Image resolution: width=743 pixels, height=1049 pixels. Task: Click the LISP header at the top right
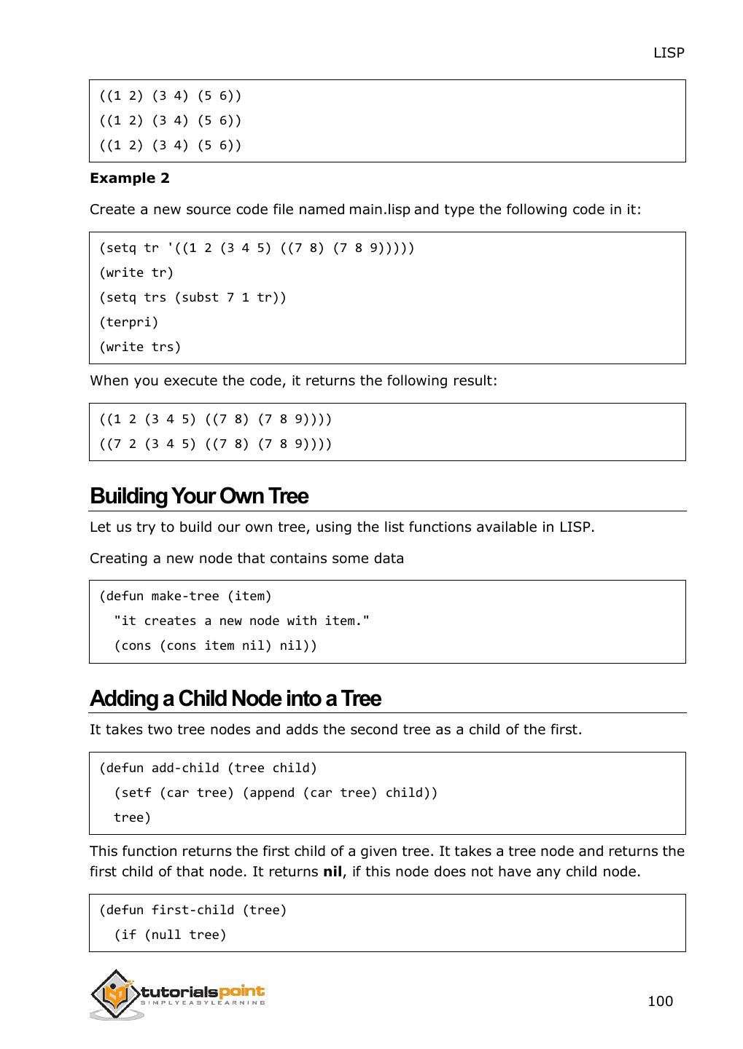[668, 53]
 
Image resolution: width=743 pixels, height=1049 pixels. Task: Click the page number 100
[660, 1001]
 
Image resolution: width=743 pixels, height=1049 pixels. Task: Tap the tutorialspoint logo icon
[116, 994]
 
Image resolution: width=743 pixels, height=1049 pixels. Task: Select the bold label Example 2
[130, 178]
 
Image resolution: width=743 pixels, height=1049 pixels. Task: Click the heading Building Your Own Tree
[199, 496]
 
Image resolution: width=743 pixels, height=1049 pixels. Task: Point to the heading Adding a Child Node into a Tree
[236, 699]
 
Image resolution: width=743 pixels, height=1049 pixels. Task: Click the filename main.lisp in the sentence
[379, 210]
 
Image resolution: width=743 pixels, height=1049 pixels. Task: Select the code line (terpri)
[129, 322]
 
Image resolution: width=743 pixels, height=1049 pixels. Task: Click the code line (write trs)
[140, 347]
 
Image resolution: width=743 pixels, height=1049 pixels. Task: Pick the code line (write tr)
[136, 272]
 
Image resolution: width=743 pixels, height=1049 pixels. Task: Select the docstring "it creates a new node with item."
[242, 621]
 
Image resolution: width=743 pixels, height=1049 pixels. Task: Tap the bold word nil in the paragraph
[332, 872]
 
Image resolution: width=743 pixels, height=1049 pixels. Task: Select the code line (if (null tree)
[171, 935]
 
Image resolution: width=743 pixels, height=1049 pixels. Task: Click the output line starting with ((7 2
[216, 444]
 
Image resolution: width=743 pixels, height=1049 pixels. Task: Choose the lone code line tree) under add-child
[133, 817]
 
